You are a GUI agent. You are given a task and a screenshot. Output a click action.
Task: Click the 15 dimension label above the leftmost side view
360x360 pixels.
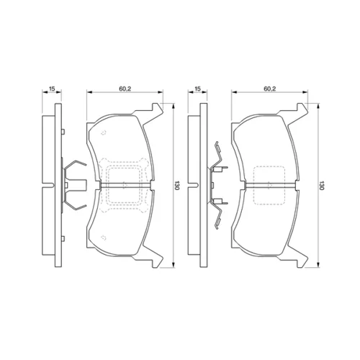(x=52, y=89)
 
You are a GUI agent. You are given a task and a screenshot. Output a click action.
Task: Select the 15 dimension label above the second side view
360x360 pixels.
(x=197, y=89)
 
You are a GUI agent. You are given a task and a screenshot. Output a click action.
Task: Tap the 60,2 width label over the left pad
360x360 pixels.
(x=125, y=89)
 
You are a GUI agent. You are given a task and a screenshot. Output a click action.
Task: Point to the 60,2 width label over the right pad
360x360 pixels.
(x=270, y=89)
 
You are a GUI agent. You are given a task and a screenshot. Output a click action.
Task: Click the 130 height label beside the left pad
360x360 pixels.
(x=177, y=185)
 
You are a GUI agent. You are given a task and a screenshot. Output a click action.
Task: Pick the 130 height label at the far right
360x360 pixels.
(x=322, y=185)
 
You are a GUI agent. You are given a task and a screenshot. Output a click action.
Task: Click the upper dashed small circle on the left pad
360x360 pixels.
(x=103, y=132)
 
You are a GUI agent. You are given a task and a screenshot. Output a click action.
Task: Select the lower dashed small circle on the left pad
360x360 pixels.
(x=103, y=238)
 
